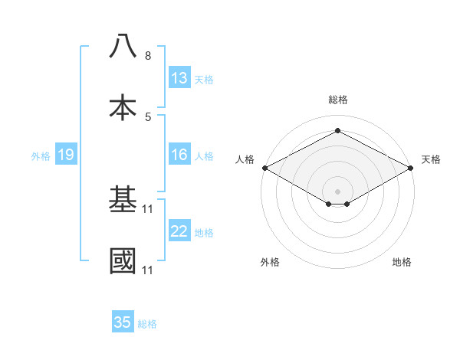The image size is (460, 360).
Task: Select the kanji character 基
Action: point(123,200)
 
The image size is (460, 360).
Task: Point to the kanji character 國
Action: point(123,261)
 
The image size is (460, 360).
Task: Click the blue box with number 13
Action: point(179,78)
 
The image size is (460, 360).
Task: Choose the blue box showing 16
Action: point(179,155)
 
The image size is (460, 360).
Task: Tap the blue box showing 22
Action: point(179,232)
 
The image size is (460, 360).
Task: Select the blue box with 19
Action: point(65,155)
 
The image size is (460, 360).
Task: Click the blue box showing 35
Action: point(123,322)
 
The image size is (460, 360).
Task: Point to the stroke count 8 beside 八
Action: point(148,56)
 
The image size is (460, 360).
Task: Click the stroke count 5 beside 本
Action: point(148,117)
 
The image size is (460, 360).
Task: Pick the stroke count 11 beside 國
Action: point(149,270)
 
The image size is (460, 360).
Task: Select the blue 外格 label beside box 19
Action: point(41,156)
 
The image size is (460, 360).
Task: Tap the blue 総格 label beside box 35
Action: point(147,323)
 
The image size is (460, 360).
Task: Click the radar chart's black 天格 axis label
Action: point(432,159)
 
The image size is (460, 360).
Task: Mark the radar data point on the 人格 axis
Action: point(264,168)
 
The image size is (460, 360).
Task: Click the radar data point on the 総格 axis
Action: point(337,131)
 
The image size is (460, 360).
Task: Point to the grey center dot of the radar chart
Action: point(337,190)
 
